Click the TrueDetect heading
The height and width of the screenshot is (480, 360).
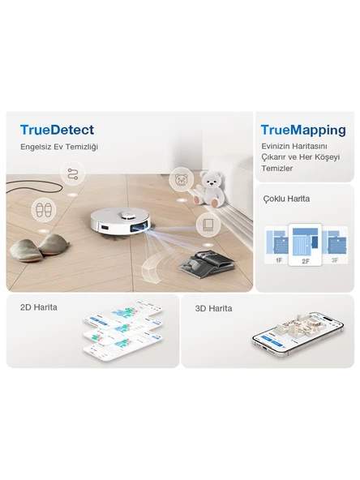coord(57,130)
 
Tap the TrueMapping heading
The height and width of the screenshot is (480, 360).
coord(303,131)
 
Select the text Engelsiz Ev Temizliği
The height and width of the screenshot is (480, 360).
coord(59,147)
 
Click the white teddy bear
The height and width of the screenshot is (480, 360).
coord(210,189)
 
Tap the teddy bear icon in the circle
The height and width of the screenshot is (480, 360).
coord(182,179)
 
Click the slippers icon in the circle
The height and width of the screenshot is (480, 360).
coord(44,210)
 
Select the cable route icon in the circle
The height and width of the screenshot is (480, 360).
coord(73,174)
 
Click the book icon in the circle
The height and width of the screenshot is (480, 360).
coord(208,225)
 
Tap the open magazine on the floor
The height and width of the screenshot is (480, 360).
coord(206,264)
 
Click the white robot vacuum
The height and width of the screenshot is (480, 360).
coord(121,223)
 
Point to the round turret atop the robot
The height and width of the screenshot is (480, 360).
coord(126,216)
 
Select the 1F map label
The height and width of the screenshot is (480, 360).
coord(279,260)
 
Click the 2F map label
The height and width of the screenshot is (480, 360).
coord(305,261)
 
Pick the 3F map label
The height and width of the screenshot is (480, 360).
coord(335,260)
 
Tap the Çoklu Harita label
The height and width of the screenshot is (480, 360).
coord(286,199)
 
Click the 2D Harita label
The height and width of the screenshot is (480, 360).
coord(39,307)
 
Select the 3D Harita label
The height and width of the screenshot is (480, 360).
coord(213,308)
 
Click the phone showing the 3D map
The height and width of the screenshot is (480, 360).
coord(298,334)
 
